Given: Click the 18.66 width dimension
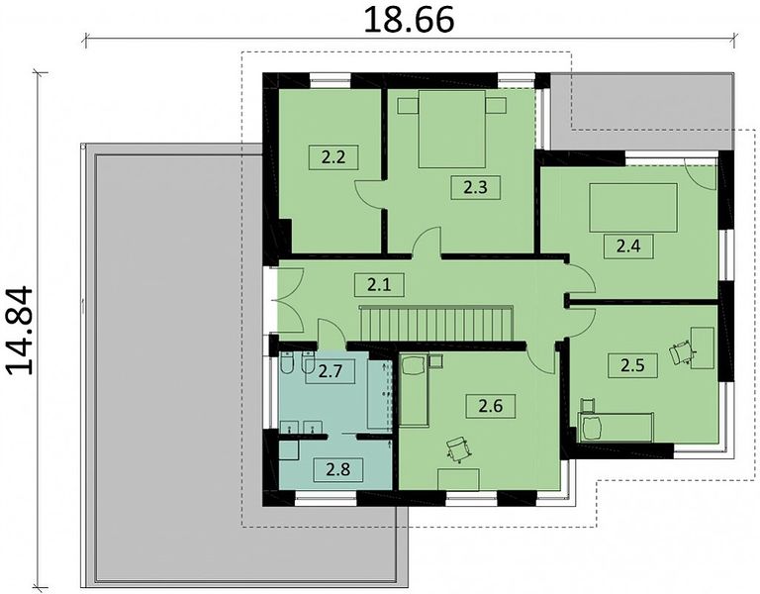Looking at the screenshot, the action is (409, 20).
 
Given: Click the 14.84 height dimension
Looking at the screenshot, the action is (21, 332).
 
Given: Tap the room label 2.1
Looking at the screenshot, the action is (379, 285).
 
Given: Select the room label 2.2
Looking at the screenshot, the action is (333, 157).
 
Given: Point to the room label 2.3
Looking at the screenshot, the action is (475, 187).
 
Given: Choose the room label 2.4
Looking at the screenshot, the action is (628, 247).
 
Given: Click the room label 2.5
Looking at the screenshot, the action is (633, 365).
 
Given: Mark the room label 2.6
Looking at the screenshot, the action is (491, 406).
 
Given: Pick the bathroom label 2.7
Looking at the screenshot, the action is (331, 371).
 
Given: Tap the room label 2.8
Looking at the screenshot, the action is (338, 469).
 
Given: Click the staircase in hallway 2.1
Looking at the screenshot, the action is (435, 324).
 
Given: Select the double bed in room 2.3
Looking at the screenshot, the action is (451, 129).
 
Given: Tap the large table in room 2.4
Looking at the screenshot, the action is (633, 208).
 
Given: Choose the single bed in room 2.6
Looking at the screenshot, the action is (414, 390).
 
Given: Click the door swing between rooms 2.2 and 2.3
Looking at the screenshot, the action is (369, 194).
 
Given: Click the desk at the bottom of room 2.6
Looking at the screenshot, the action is (458, 479).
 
